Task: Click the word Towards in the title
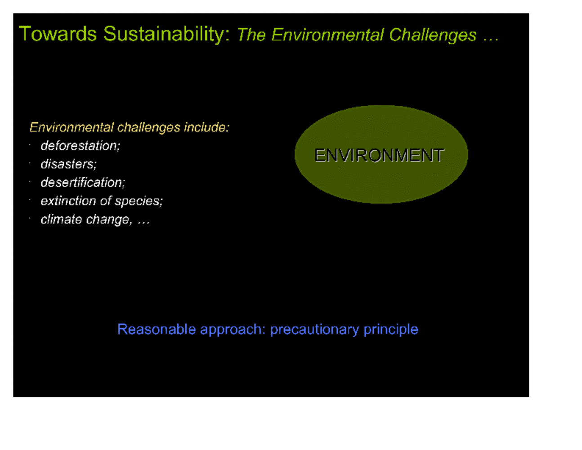pyautogui.click(x=58, y=34)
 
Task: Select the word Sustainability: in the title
pyautogui.click(x=166, y=35)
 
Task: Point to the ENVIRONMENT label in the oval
pyautogui.click(x=379, y=155)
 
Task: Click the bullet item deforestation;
pyautogui.click(x=81, y=146)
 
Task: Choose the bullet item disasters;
pyautogui.click(x=68, y=164)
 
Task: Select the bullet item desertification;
pyautogui.click(x=83, y=182)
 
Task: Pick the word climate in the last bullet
pyautogui.click(x=61, y=220)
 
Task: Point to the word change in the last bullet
pyautogui.click(x=109, y=220)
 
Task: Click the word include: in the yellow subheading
pyautogui.click(x=207, y=127)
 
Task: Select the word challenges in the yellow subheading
pyautogui.click(x=148, y=128)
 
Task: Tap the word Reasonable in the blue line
pyautogui.click(x=157, y=329)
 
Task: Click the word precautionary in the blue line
pyautogui.click(x=314, y=330)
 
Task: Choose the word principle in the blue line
pyautogui.click(x=391, y=330)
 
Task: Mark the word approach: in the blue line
pyautogui.click(x=233, y=330)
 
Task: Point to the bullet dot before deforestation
pyautogui.click(x=30, y=145)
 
